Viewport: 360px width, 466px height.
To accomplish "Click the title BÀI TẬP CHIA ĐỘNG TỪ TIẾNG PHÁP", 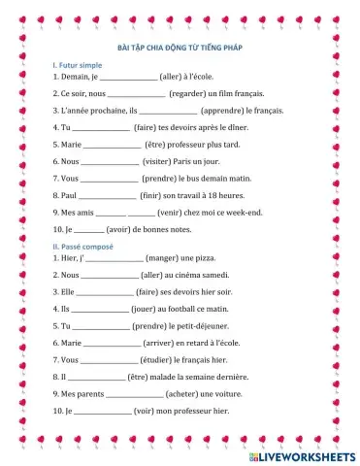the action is click(180, 46).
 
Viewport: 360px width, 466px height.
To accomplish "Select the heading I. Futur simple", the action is click(77, 64).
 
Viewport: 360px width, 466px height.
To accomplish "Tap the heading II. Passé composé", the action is click(83, 248).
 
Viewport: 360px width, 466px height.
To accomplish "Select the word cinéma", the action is click(215, 277).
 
